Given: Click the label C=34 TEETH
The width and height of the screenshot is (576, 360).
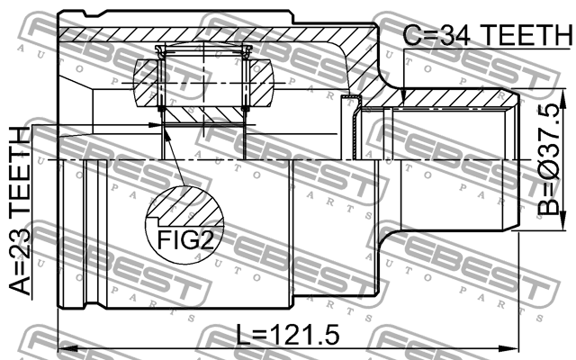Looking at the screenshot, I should pos(487,35).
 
